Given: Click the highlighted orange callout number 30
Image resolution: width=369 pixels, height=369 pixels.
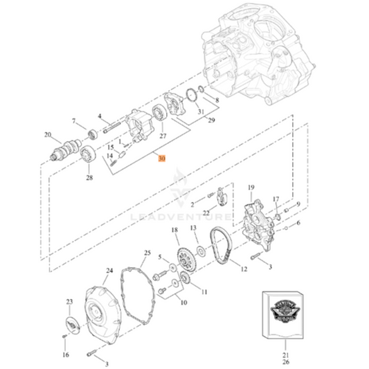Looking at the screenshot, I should click(x=162, y=159).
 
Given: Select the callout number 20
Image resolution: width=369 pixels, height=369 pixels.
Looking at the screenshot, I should click(x=48, y=135).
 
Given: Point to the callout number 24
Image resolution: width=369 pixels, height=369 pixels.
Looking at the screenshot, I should click(x=109, y=271).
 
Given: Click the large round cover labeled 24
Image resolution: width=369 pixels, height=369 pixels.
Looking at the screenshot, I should click(x=106, y=309).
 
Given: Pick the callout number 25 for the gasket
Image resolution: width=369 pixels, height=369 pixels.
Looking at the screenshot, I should click(x=147, y=253).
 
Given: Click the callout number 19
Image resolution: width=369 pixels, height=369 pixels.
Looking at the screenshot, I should click(x=251, y=187).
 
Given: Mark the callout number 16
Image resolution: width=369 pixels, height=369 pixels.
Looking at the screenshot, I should click(x=66, y=354).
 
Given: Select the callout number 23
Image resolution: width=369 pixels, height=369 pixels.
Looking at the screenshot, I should click(x=69, y=302).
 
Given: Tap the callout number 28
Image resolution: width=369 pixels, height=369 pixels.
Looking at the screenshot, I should click(x=89, y=178).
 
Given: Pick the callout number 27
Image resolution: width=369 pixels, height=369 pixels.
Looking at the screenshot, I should click(x=163, y=136).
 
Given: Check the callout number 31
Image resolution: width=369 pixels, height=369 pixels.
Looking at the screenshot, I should click(x=201, y=111).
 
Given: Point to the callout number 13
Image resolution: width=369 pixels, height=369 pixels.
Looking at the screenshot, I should click(x=195, y=228).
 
